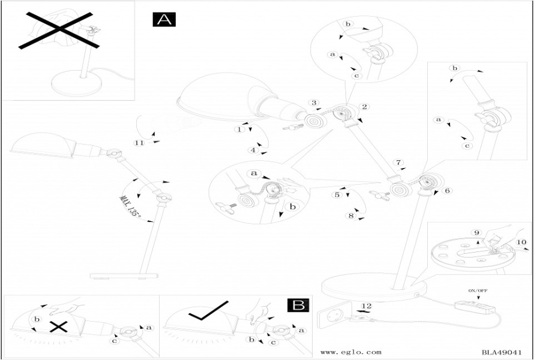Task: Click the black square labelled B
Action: pos(298,305)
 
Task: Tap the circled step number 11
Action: pos(139,142)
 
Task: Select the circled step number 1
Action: pos(239,129)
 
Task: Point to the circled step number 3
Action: pos(313,103)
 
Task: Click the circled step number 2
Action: pos(364,107)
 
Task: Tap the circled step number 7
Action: pos(399,163)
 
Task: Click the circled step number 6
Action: pos(446,191)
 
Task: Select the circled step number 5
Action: pos(337,194)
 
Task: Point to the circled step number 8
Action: pos(351,216)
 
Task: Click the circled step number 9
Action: pos(476,232)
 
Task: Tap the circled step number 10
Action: pos(521,242)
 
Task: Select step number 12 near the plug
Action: pos(367,306)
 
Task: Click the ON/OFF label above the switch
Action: pos(478,290)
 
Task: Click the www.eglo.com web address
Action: pos(351,352)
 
